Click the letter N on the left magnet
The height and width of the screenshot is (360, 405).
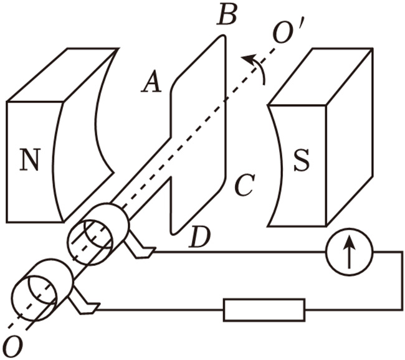click(x=28, y=161)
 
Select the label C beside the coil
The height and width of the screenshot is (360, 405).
click(x=244, y=185)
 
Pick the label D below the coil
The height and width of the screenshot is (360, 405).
click(x=200, y=238)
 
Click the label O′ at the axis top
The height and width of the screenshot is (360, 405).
click(x=287, y=31)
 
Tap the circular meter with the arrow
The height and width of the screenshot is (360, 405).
click(x=348, y=253)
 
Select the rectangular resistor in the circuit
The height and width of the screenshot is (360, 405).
click(x=264, y=310)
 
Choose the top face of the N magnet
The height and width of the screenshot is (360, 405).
click(x=62, y=75)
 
